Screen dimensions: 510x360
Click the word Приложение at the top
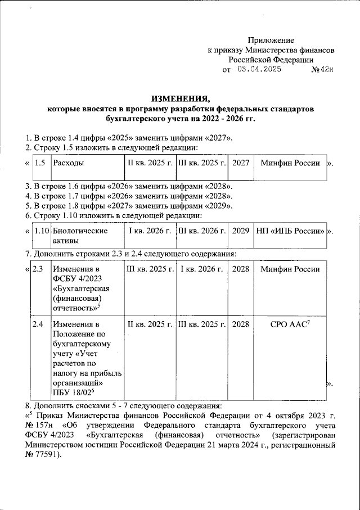click(272, 40)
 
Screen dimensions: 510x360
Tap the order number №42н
click(323, 70)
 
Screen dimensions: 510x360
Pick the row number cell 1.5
click(39, 163)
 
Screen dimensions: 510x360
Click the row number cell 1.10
click(40, 231)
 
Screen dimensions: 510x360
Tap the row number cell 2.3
click(39, 269)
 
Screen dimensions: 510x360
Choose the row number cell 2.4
click(39, 324)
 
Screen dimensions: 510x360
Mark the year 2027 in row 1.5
click(241, 163)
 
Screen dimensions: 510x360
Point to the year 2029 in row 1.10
click(241, 231)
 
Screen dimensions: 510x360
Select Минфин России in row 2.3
click(290, 269)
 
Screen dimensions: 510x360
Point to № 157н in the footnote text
click(39, 425)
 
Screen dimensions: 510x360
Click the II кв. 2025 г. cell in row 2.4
click(150, 324)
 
